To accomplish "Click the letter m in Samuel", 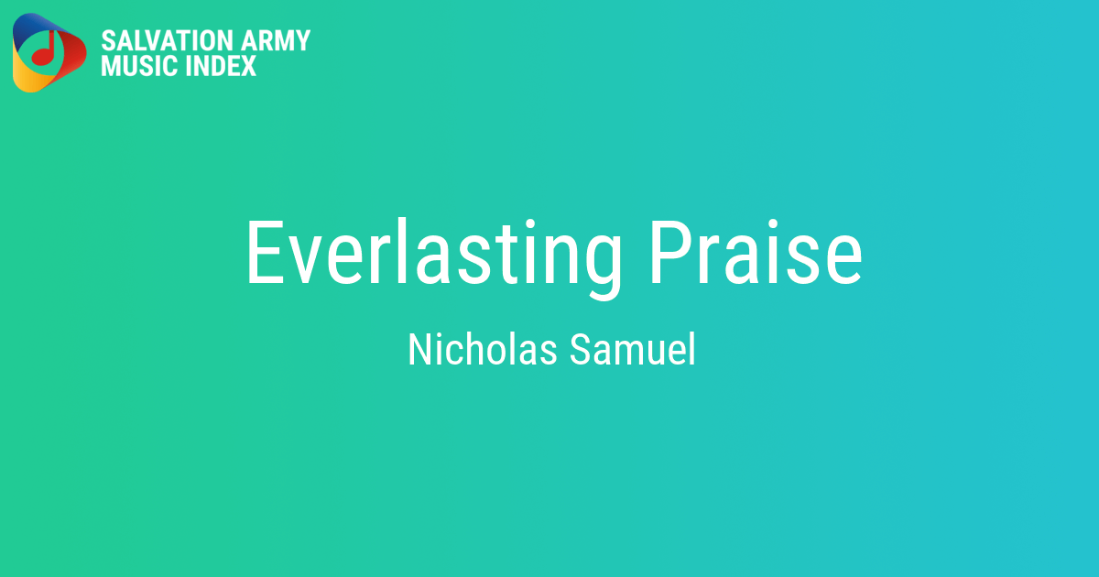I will point(624,352).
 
